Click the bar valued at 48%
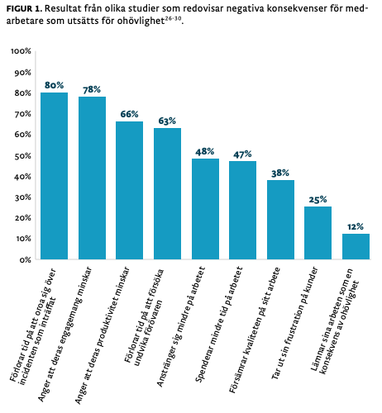pyautogui.click(x=205, y=208)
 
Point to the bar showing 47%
pyautogui.click(x=242, y=210)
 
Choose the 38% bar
pyautogui.click(x=280, y=219)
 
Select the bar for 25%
pyautogui.click(x=318, y=232)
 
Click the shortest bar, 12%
pyautogui.click(x=356, y=246)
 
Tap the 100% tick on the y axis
pyautogui.click(x=21, y=51)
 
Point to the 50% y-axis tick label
pyautogui.click(x=22, y=155)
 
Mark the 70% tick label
pyautogui.click(x=22, y=114)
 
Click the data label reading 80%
pyautogui.click(x=55, y=85)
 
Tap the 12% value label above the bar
pyautogui.click(x=356, y=226)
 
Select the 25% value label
pyautogui.click(x=318, y=199)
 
